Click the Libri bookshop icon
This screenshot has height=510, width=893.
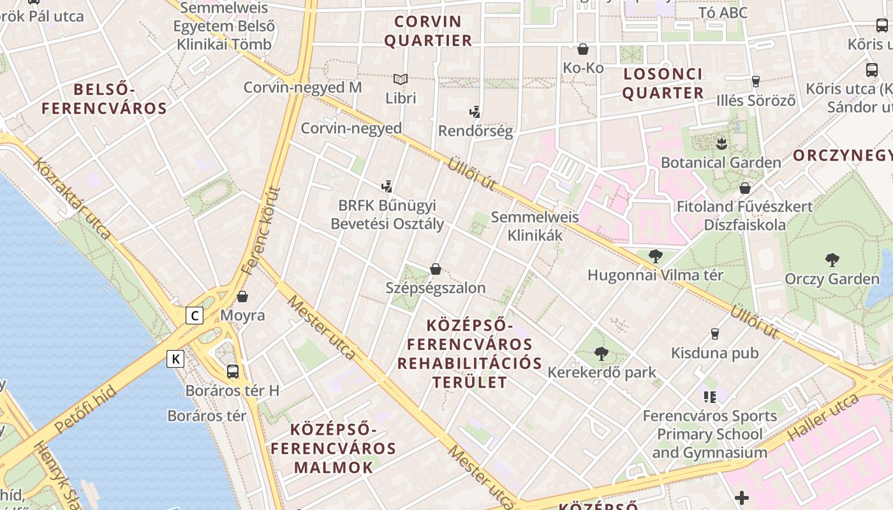pyautogui.click(x=401, y=80)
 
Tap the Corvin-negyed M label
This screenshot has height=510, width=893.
pyautogui.click(x=302, y=87)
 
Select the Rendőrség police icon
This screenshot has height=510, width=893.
pyautogui.click(x=475, y=112)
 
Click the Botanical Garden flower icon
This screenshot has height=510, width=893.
pyautogui.click(x=721, y=143)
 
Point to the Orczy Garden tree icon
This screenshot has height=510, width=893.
pyautogui.click(x=832, y=260)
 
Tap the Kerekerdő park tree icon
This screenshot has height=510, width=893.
pyautogui.click(x=601, y=353)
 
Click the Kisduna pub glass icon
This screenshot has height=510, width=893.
pyautogui.click(x=714, y=334)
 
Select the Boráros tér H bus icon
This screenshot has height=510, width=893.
pyautogui.click(x=233, y=372)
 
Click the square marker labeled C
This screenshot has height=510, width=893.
pyautogui.click(x=195, y=316)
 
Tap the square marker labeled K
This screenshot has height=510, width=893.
pyautogui.click(x=175, y=359)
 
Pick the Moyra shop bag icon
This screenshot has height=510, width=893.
pyautogui.click(x=242, y=296)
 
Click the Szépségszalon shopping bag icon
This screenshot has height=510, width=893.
pyautogui.click(x=436, y=269)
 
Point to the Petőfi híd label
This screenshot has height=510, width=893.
pyautogui.click(x=85, y=409)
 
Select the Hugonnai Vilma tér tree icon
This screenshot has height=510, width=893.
pyautogui.click(x=655, y=256)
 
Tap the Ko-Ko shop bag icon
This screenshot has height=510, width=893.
pyautogui.click(x=583, y=49)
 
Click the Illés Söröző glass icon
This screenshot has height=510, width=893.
pyautogui.click(x=756, y=81)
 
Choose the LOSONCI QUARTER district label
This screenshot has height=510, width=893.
pyautogui.click(x=663, y=84)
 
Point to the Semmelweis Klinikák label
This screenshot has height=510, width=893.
pyautogui.click(x=535, y=226)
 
